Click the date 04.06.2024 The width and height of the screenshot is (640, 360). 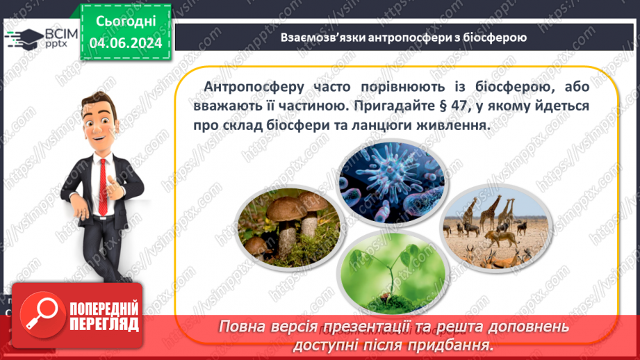126,44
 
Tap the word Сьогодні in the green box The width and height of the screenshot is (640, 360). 126,22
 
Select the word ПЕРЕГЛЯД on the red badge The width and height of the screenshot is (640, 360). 104,324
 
